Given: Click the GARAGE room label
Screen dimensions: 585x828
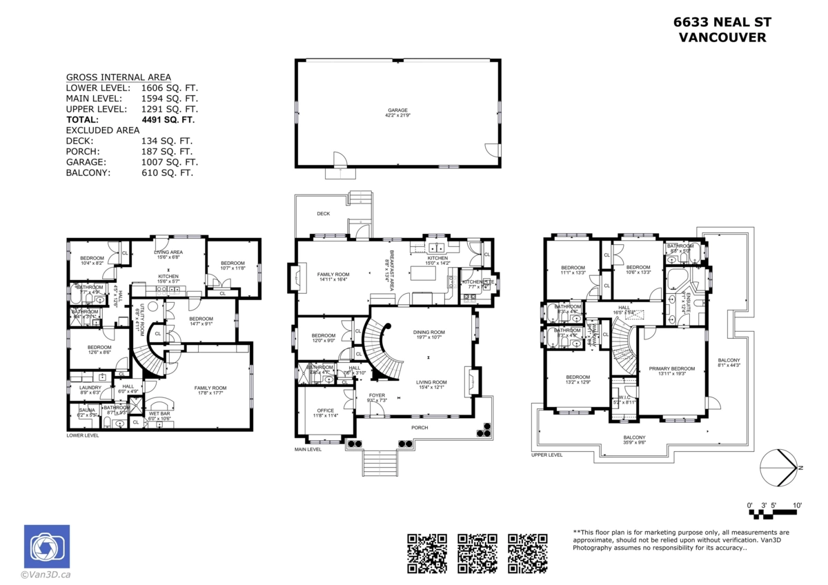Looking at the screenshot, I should coord(397,110).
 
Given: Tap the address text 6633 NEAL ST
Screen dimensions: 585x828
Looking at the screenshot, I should coord(722,22).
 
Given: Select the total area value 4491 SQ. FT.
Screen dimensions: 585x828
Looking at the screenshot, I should coord(168,119).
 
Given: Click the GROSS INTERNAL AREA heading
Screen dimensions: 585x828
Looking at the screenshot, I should coord(118,77).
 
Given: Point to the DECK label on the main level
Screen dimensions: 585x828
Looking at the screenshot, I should coord(323,214).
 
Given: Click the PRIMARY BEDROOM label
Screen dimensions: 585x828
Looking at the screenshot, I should coord(671,369).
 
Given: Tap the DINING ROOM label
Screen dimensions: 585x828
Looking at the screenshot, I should coord(427,332).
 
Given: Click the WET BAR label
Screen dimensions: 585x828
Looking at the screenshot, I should coord(159,413).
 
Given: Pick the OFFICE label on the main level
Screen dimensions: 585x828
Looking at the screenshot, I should coord(325,410).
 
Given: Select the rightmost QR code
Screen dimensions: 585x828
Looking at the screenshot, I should coord(528,553).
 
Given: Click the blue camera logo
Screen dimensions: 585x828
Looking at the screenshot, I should coord(47,547).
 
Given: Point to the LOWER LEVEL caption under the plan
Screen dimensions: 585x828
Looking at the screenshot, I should coord(83,436).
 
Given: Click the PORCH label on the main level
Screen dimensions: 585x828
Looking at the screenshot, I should coord(419,428).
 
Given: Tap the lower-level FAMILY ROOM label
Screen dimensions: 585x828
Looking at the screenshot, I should coord(211,388).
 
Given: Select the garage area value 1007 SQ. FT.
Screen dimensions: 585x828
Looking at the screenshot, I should coord(169,162).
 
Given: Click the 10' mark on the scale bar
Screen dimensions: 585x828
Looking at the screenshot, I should coord(797,506).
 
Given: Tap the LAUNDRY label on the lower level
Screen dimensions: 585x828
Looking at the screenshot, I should coord(90,388).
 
